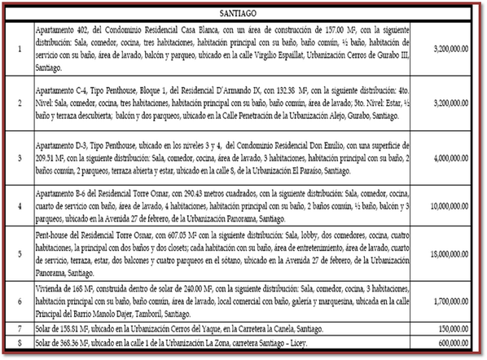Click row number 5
click(x=19, y=254)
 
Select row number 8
click(x=19, y=341)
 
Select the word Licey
click(x=309, y=341)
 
